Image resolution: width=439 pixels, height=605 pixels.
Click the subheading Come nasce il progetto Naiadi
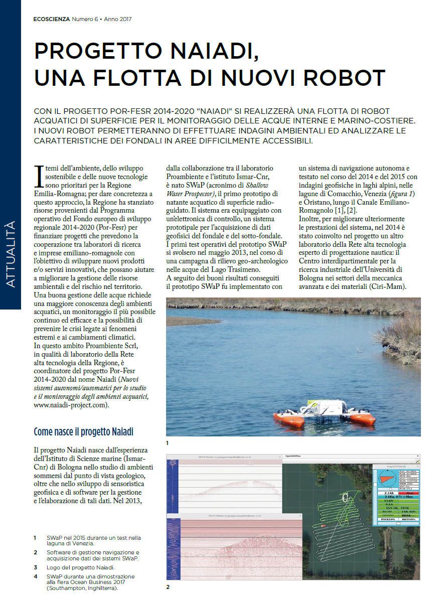point(83,431)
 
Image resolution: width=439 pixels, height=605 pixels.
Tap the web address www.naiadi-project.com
point(71,405)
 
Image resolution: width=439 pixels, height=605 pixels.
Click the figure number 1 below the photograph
point(168,443)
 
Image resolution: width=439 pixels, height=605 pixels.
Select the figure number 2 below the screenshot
point(168,586)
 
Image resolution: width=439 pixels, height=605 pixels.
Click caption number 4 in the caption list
point(35,576)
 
